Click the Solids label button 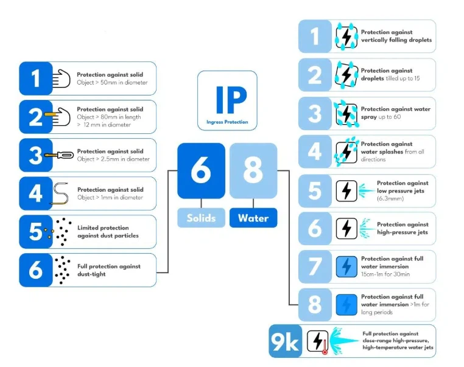[x=201, y=218]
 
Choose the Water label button [x=253, y=218]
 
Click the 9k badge [x=285, y=342]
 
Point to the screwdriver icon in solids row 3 [x=60, y=155]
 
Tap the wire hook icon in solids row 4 [x=60, y=193]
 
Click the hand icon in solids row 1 [x=61, y=78]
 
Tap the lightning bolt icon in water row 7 [x=346, y=267]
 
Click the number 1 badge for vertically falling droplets [x=314, y=37]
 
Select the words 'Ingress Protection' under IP [x=227, y=122]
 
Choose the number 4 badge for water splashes [x=314, y=152]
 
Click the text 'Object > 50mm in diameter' [x=112, y=82]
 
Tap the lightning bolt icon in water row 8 [x=346, y=304]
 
